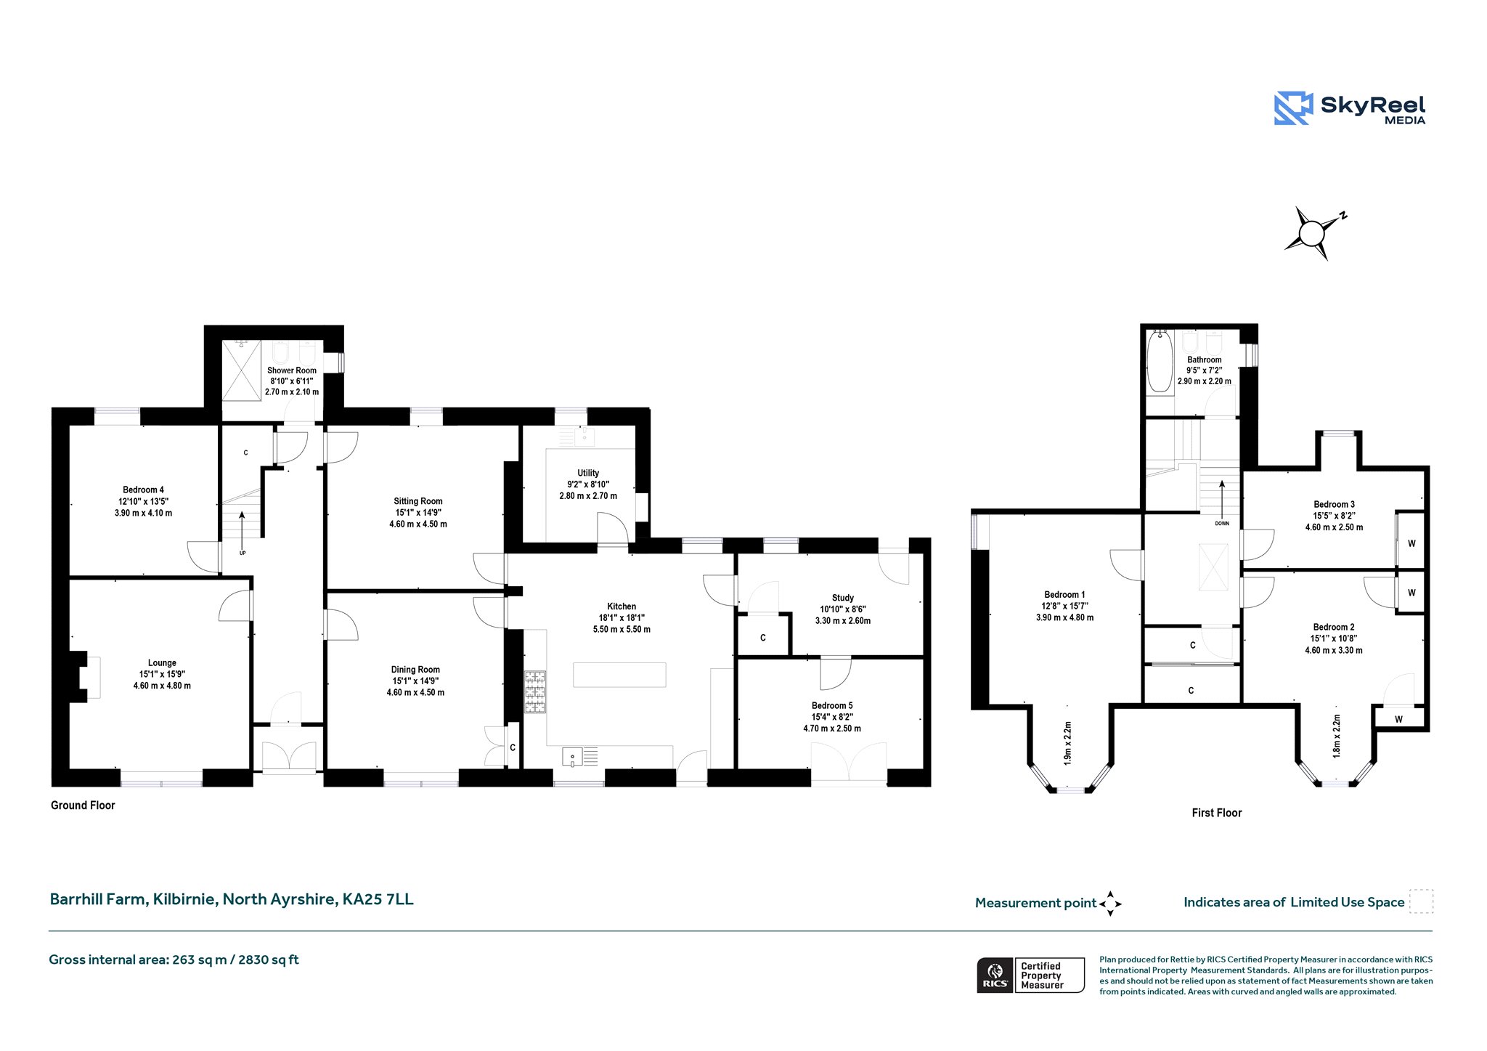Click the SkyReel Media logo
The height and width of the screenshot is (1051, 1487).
point(1350,109)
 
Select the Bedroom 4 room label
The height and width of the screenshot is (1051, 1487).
point(143,490)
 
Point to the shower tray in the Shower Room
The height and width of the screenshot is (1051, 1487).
point(241,370)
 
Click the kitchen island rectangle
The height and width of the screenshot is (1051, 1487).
point(619,675)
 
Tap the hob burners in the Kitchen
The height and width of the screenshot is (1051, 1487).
point(535,691)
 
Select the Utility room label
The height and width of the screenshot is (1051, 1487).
point(588,473)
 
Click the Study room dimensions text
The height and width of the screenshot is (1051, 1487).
point(843,615)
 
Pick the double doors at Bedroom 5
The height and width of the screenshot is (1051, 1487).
point(849,763)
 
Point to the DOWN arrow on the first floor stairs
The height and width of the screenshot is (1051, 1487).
point(1222,501)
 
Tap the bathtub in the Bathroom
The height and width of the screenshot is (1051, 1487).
point(1160,361)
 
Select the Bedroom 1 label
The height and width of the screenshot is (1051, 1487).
point(1064,594)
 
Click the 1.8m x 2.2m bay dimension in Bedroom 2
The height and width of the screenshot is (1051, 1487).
point(1337,736)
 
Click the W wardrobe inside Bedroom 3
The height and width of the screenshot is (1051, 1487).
point(1411,541)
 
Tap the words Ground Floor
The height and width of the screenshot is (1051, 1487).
point(83,805)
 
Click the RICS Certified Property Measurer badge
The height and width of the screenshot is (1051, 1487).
point(1030,975)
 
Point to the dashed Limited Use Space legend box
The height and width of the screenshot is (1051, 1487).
point(1421,901)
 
